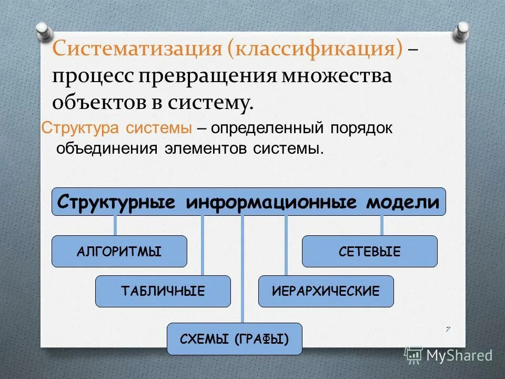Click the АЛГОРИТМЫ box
coord(119,251)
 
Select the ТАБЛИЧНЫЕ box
coord(163,291)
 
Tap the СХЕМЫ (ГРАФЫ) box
coord(234,338)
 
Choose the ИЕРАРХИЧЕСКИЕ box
coord(326,291)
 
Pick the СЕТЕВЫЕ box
coord(369,251)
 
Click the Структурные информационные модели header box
coord(248,202)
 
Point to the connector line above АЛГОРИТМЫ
coord(115,225)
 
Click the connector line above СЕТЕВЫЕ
coord(381,225)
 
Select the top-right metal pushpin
coord(461,29)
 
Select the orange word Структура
coord(80,128)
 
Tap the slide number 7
coord(448,330)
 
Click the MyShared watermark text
coord(459,355)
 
